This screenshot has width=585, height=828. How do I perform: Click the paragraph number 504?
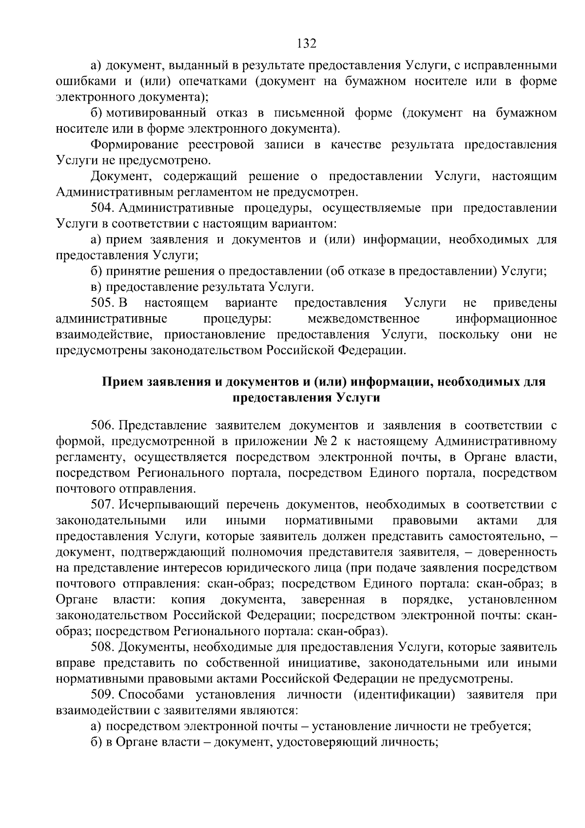[102, 208]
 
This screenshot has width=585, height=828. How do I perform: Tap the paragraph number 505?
[102, 303]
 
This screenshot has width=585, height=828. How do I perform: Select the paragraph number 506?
[102, 425]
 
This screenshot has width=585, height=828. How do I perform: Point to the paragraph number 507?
[102, 505]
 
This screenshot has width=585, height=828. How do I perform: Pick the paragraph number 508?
[102, 647]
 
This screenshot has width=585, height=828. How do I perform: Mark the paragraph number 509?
[102, 695]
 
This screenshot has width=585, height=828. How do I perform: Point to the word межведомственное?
[364, 319]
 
